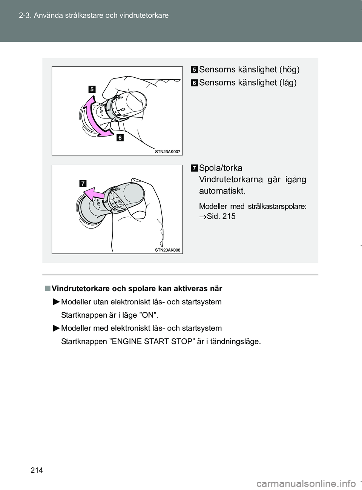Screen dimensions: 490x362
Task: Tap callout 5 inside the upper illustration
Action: click(x=92, y=89)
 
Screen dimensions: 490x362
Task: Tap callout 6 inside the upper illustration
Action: click(x=120, y=138)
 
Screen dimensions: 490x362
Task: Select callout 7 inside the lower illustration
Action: click(x=83, y=184)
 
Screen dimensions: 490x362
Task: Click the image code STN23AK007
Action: click(x=167, y=152)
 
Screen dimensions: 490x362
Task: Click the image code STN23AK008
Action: click(x=167, y=250)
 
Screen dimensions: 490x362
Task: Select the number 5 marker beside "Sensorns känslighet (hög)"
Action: click(x=194, y=70)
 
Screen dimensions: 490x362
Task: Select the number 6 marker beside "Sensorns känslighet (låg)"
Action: click(x=194, y=83)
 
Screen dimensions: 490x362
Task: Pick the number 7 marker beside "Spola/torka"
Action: click(x=194, y=168)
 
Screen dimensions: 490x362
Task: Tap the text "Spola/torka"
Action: click(x=221, y=168)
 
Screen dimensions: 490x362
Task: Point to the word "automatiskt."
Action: click(x=222, y=191)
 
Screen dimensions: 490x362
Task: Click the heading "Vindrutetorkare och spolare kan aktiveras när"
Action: click(x=137, y=289)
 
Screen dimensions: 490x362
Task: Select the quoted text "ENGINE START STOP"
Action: click(x=151, y=342)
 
